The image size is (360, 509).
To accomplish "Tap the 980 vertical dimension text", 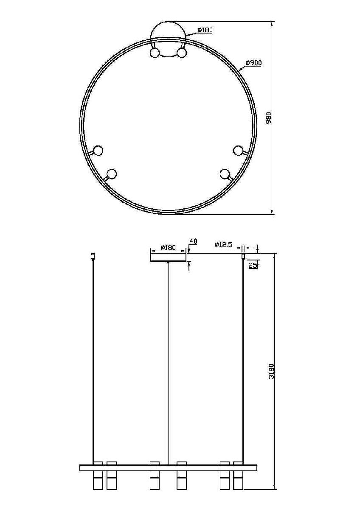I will pos(268,118).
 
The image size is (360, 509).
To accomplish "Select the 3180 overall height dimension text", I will pos(271,371).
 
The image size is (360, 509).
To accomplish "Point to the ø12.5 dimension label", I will pos(223,245).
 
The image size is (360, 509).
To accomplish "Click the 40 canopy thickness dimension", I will pos(193,241).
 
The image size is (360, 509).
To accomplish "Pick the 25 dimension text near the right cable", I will pos(253,265).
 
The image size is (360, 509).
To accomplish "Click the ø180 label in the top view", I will pos(205,30).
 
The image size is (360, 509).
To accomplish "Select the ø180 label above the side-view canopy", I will pos(168,248).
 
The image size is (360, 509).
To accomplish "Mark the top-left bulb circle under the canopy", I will pos(155,53).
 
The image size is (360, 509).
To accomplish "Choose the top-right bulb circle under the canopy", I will pos(182,53).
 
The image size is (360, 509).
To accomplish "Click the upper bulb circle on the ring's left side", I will pos(98,150).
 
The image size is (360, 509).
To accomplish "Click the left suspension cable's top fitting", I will pos(93,256).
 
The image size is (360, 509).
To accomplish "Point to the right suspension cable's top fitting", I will pos(243,256).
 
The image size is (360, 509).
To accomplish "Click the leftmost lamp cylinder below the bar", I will pos(98,481).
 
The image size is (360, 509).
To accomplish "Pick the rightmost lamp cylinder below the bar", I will pos(238,481).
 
